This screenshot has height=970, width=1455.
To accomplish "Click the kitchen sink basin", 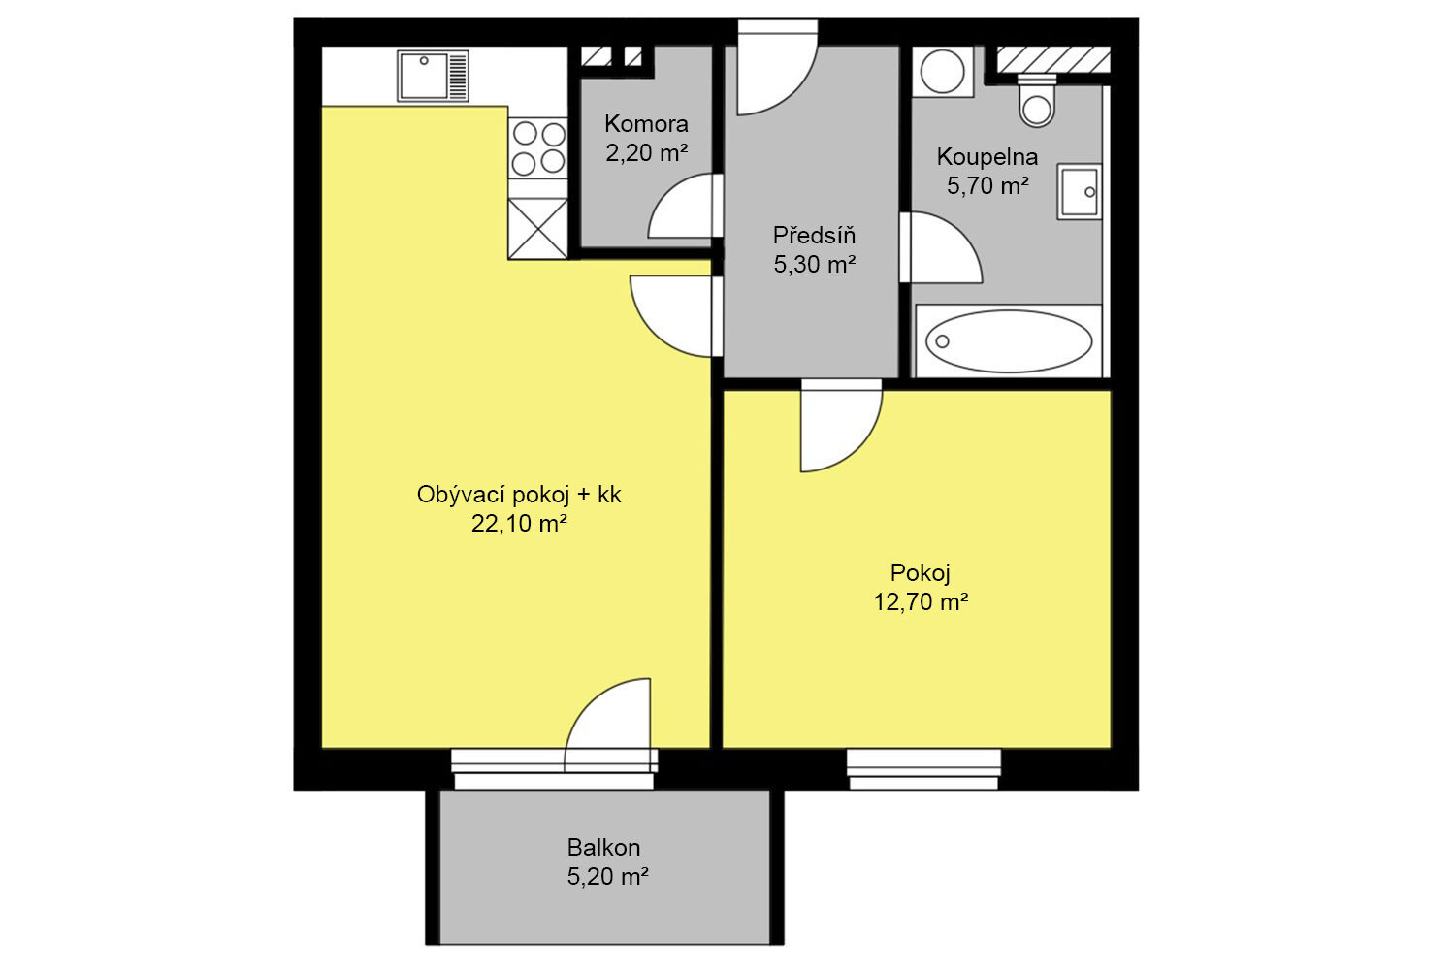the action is tap(424, 76).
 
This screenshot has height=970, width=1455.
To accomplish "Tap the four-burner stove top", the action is tap(537, 148).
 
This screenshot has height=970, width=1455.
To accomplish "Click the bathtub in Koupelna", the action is tap(1009, 341).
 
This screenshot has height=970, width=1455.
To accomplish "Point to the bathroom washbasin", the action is tap(1080, 192).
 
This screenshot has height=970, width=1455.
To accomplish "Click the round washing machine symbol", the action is tap(943, 72).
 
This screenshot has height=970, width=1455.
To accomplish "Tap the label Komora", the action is tap(646, 123).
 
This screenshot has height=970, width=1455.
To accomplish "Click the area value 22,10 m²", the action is tap(519, 523).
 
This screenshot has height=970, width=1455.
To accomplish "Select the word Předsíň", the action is tap(814, 235).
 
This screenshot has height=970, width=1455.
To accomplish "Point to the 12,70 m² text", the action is tap(921, 602).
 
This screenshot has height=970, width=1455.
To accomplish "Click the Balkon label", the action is tap(604, 847).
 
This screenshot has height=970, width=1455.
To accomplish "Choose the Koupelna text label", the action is tap(987, 157).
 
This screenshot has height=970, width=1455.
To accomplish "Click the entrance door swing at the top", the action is tap(778, 68).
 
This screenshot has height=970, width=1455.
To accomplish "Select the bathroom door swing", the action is tap(941, 247).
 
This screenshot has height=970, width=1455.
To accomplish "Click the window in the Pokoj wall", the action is tap(923, 769).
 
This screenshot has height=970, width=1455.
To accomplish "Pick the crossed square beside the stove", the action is tap(537, 229).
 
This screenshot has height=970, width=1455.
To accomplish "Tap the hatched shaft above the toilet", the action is tap(1052, 59).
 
